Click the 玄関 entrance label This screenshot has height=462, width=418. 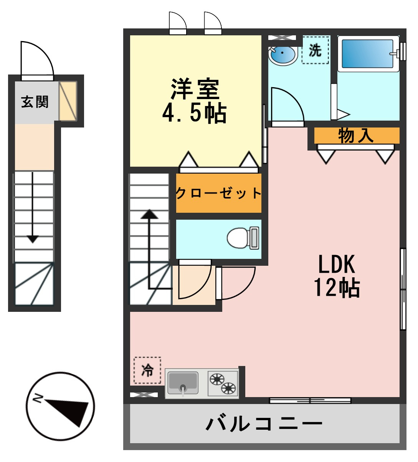pos(35,102)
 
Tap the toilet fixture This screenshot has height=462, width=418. pos(243,238)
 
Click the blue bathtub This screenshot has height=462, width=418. pos(367,54)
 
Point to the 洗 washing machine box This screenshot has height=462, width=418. pos(315,50)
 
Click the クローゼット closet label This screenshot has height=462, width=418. pos(218,193)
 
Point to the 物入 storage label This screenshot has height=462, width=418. pos(356,136)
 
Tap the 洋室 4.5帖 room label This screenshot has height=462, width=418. pos(195,101)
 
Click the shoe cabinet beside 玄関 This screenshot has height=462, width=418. pos(68,101)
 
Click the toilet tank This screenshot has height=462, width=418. pos(254,238)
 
